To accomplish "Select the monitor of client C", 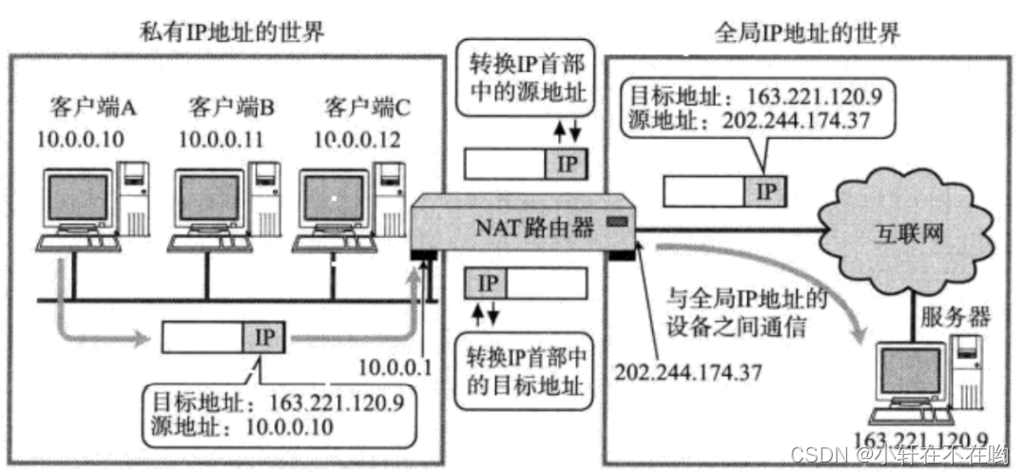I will coord(334,199).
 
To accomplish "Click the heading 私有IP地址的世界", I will coord(229,32).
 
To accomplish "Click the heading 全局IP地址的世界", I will coord(807,34).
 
